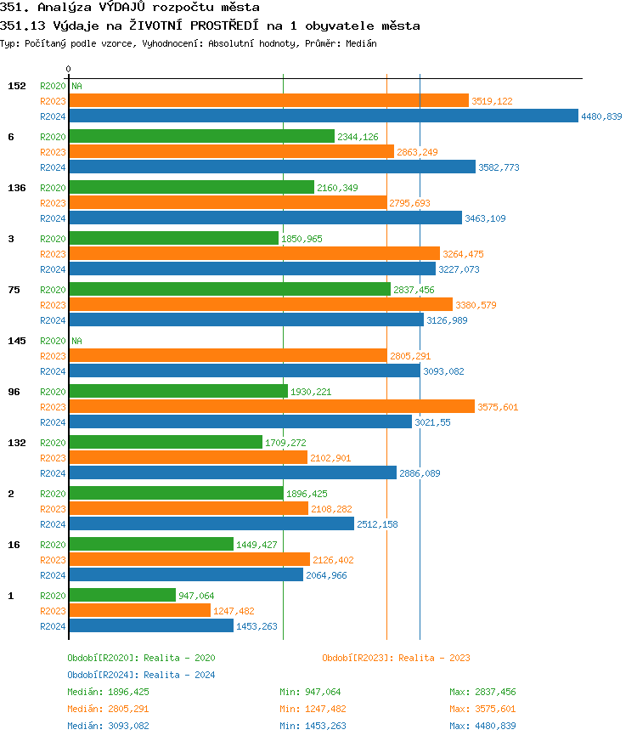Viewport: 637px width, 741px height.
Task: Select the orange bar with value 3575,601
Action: [x=271, y=406]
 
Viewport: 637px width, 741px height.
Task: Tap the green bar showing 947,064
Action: [x=121, y=596]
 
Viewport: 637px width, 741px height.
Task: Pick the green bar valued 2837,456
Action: [x=229, y=290]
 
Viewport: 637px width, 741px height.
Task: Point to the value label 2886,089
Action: [x=420, y=473]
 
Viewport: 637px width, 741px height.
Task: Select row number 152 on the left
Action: [x=16, y=86]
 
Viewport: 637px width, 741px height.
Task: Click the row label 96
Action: [x=13, y=392]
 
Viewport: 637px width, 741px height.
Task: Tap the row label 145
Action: [x=16, y=341]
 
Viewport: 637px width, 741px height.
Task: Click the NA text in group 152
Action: [x=76, y=86]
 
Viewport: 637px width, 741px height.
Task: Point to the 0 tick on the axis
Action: [x=69, y=70]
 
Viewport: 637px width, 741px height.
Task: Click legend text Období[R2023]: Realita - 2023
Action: [x=396, y=658]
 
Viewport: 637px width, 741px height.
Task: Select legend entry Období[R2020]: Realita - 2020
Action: [x=141, y=658]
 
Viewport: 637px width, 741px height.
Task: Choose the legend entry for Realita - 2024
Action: [x=141, y=675]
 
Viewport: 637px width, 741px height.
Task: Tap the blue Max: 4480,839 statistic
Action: [x=482, y=726]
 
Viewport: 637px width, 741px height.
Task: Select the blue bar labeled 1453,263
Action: [x=150, y=625]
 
